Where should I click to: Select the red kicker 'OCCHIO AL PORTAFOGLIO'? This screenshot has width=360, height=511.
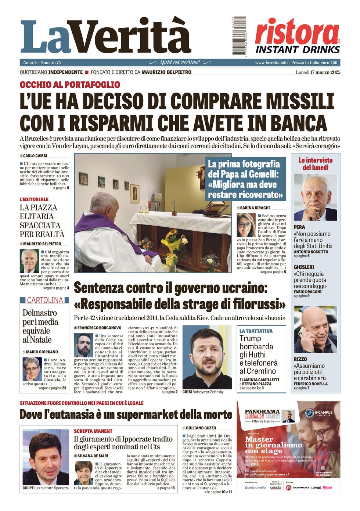pos(70,85)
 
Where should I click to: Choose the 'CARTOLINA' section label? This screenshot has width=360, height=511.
pos(45,300)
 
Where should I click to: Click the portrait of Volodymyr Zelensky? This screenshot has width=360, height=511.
pos(207,356)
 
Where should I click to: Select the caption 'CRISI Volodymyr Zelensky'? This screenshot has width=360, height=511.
pos(203,392)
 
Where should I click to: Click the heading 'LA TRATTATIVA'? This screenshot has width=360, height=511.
pos(256,331)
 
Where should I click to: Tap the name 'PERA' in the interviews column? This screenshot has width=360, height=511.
pos(299,227)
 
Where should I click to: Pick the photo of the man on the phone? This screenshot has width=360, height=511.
pos(315,330)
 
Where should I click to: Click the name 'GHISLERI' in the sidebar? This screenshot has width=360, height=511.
pos(304,267)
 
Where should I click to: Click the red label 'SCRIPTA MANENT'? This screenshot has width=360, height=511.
pos(93,431)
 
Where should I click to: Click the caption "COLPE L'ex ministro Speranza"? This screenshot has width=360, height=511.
pos(45,488)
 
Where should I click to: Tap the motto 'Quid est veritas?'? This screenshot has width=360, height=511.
pos(180,62)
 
